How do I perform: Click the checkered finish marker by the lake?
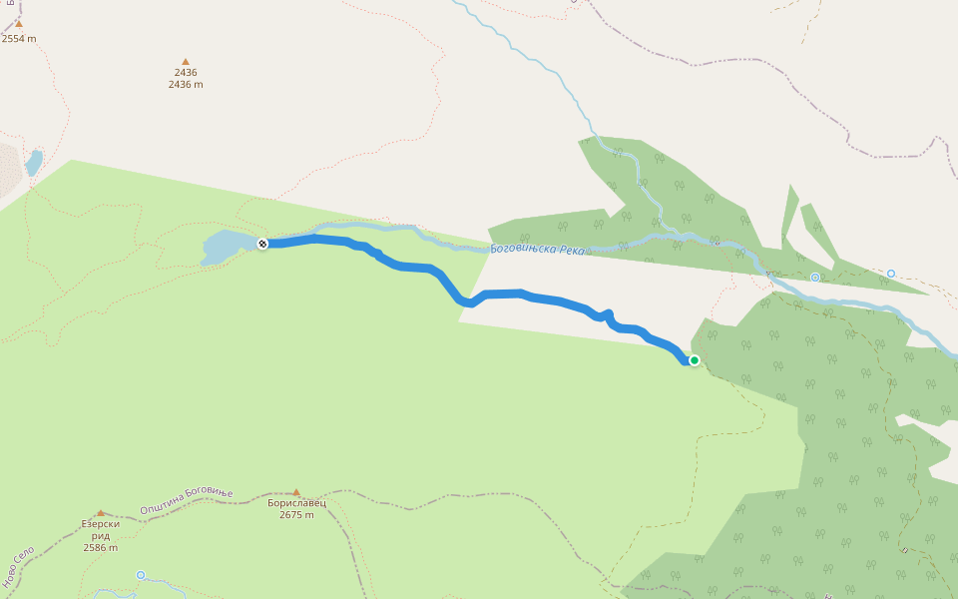[262, 244]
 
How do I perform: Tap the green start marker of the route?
[695, 360]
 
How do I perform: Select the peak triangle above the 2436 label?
[185, 62]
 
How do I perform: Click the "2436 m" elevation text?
[186, 85]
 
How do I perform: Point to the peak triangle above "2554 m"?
[18, 24]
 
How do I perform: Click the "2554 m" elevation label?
[18, 39]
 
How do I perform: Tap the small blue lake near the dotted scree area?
[34, 162]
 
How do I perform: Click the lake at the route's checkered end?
[224, 247]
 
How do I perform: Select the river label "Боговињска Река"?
[537, 249]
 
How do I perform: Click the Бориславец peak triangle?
[296, 492]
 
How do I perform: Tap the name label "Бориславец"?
[296, 503]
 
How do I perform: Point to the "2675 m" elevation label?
[296, 515]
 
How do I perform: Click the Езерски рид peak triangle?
[100, 513]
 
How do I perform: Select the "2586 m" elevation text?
[100, 547]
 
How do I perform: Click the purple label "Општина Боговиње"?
[186, 501]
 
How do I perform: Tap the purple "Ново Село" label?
[18, 566]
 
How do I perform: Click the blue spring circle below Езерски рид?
[141, 575]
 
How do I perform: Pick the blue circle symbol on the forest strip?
[815, 278]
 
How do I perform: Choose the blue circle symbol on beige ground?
[891, 273]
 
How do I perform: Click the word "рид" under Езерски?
[100, 535]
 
